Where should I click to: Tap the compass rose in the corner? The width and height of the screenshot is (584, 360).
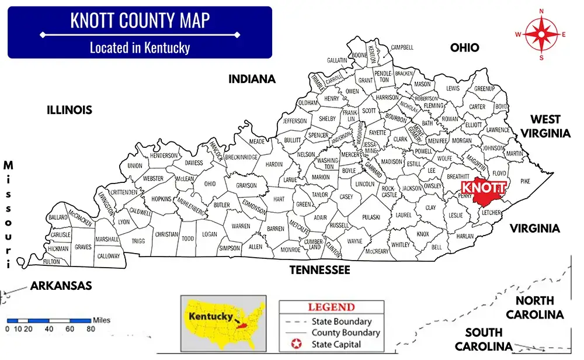coord(541,34)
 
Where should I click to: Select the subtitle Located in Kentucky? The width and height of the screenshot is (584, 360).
coord(140,47)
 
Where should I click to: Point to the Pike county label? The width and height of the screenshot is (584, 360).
coord(526,181)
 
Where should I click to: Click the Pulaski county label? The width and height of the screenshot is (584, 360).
coord(371,217)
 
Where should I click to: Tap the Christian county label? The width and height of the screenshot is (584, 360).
coord(166,234)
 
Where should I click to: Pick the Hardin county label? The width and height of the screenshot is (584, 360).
coord(274,164)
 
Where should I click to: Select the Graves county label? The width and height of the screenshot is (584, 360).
coord(83,247)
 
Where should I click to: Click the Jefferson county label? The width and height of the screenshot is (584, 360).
coord(295,121)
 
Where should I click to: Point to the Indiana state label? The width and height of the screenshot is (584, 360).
coord(252,79)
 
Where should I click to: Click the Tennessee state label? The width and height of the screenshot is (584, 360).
coord(320,270)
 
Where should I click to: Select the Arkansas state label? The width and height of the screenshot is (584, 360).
coord(61,286)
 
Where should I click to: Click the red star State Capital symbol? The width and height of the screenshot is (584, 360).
coord(295,345)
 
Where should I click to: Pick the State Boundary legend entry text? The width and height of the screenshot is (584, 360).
coord(341,321)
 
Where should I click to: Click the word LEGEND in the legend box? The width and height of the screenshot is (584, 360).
coord(331,307)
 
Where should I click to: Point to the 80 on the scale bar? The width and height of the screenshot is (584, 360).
coord(91,329)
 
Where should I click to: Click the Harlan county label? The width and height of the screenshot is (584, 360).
coord(465,236)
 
